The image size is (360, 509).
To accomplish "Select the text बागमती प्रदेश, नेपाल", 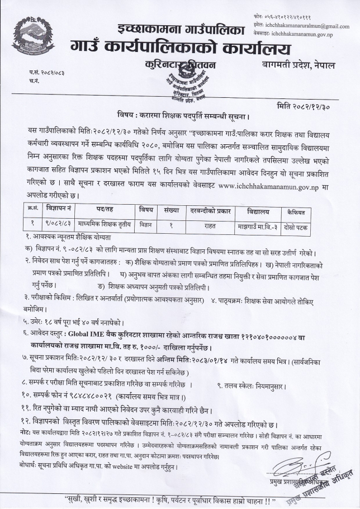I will [299, 66].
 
